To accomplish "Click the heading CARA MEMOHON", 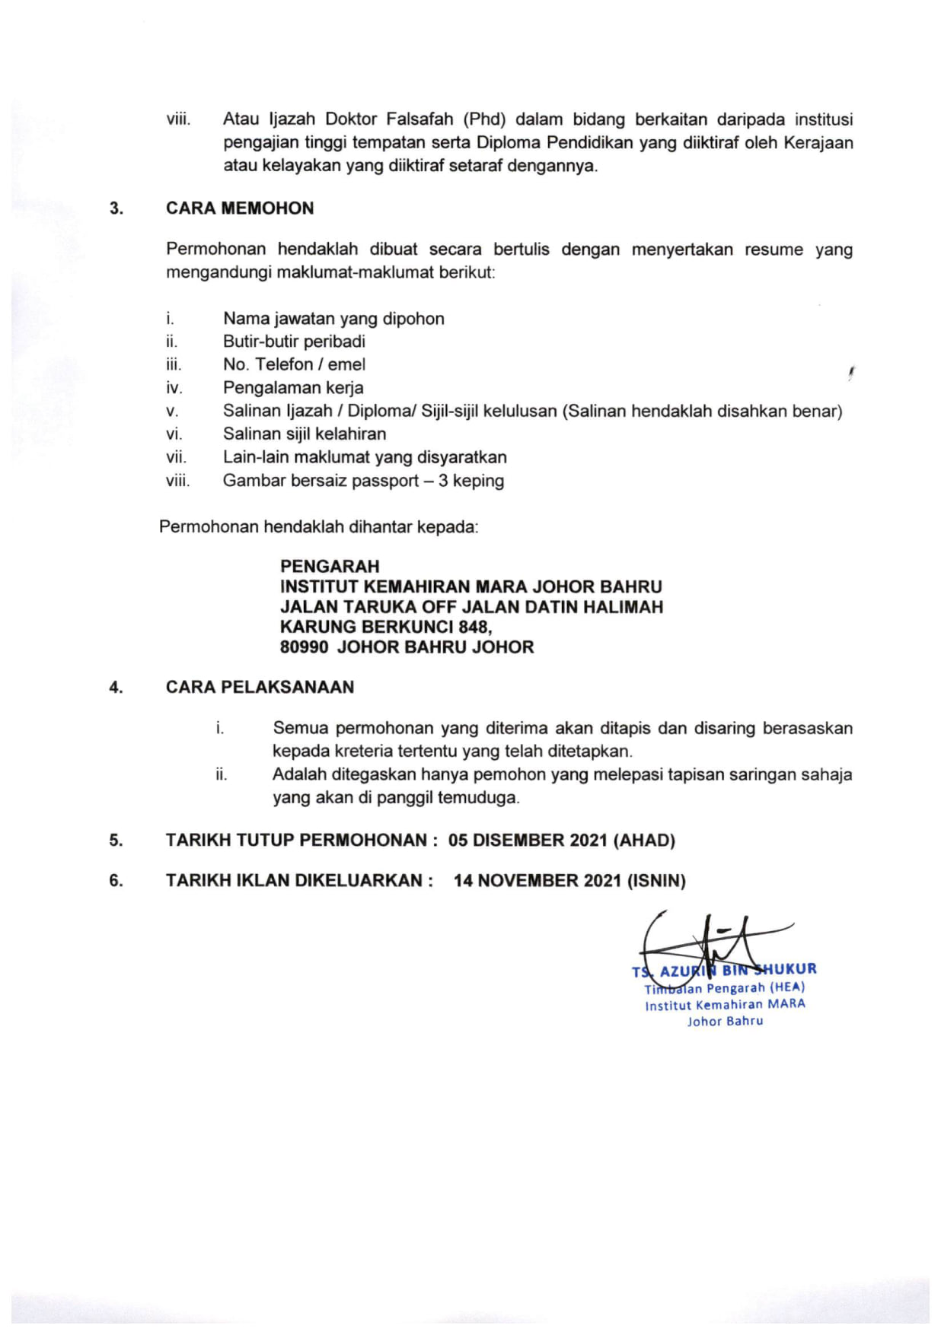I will pyautogui.click(x=240, y=208).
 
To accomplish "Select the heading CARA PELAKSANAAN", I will pyautogui.click(x=260, y=687).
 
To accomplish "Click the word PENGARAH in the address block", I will pyautogui.click(x=329, y=566).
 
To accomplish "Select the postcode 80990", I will pyautogui.click(x=304, y=647).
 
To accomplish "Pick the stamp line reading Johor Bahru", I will pyautogui.click(x=725, y=1022).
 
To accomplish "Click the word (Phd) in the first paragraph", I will pyautogui.click(x=485, y=119).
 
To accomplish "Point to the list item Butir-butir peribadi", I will pyautogui.click(x=294, y=342).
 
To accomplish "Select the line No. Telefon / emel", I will pyautogui.click(x=294, y=364).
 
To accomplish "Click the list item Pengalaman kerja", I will pyautogui.click(x=293, y=388).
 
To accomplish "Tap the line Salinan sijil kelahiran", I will pyautogui.click(x=305, y=434).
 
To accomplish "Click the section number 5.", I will pyautogui.click(x=116, y=841).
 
